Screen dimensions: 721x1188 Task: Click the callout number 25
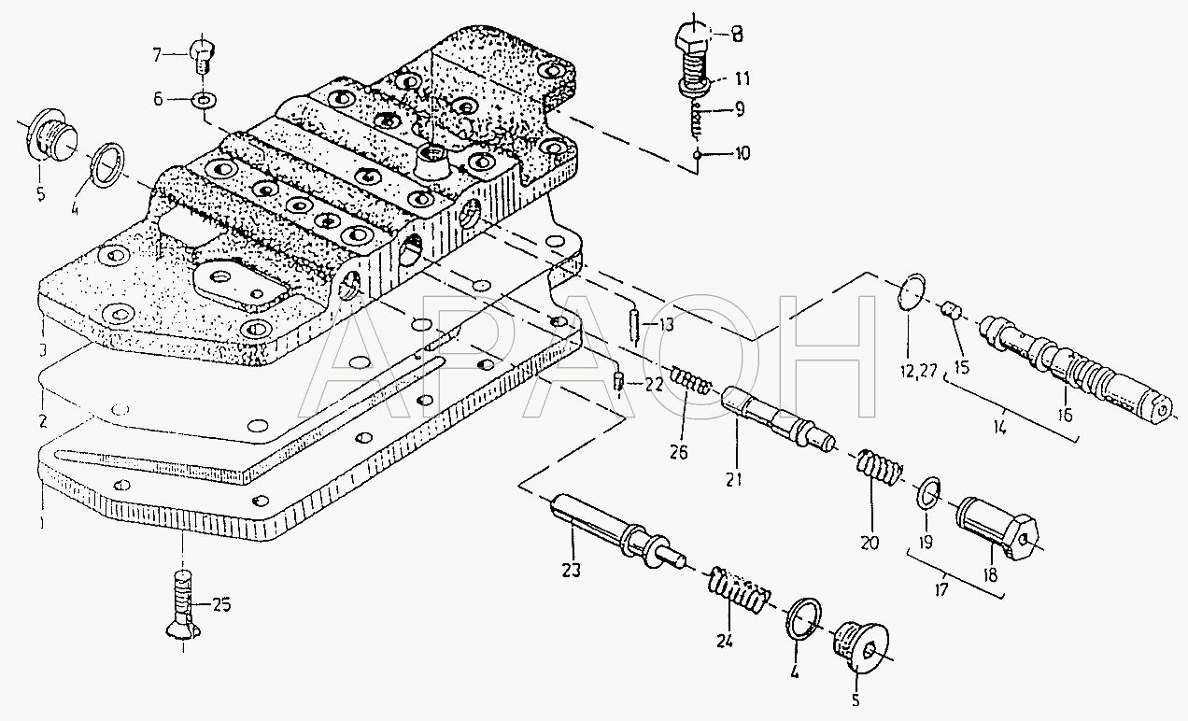pos(220,605)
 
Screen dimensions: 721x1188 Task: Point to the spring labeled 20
pos(878,469)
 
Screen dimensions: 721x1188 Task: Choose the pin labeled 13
pos(633,325)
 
